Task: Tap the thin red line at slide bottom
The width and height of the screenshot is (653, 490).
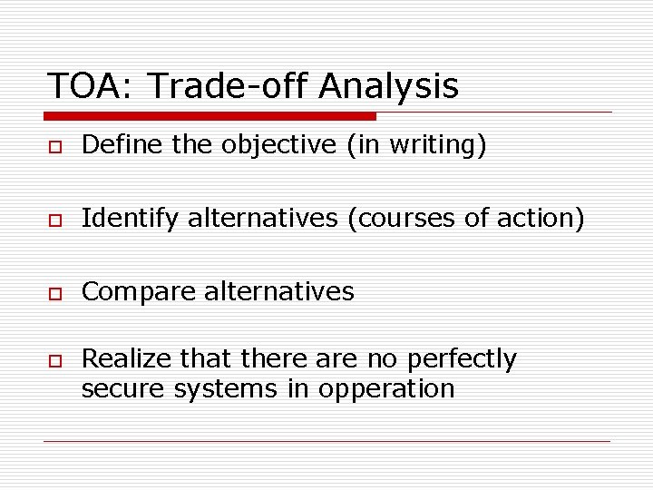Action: tap(326, 442)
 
